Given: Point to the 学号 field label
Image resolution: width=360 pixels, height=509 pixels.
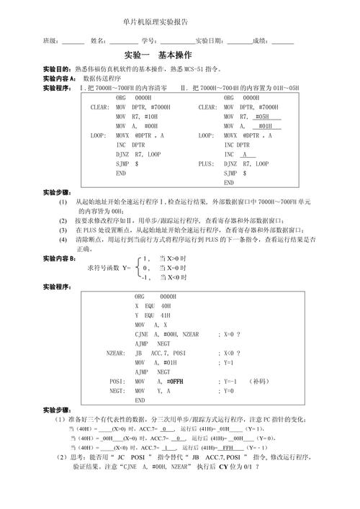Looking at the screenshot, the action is click(148, 40).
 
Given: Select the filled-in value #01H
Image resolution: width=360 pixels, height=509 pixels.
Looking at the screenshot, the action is click(264, 125).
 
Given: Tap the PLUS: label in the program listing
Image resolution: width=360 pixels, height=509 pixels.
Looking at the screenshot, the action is click(207, 163).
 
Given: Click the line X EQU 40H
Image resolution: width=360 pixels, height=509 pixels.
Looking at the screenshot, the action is click(153, 305).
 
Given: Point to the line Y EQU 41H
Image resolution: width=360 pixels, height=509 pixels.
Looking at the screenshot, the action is click(153, 315).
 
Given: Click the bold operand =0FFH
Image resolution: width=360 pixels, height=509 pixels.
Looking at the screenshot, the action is click(175, 381).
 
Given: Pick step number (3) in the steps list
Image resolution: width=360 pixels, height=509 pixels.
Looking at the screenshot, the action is click(63, 230).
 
